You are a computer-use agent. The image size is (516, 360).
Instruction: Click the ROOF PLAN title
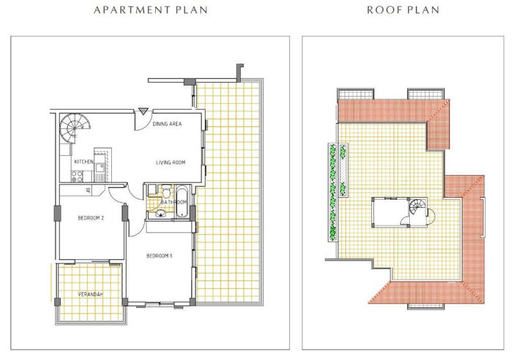pyautogui.click(x=404, y=10)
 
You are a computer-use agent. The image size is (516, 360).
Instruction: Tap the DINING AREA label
pyautogui.click(x=167, y=124)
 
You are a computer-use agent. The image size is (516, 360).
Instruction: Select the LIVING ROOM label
pyautogui.click(x=173, y=162)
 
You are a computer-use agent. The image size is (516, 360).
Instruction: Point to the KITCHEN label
pyautogui.click(x=83, y=161)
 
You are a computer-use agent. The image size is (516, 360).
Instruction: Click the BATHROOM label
pyautogui.click(x=174, y=202)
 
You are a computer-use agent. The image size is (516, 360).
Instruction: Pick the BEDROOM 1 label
pyautogui.click(x=159, y=255)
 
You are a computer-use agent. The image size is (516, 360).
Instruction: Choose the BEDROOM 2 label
pyautogui.click(x=91, y=217)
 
